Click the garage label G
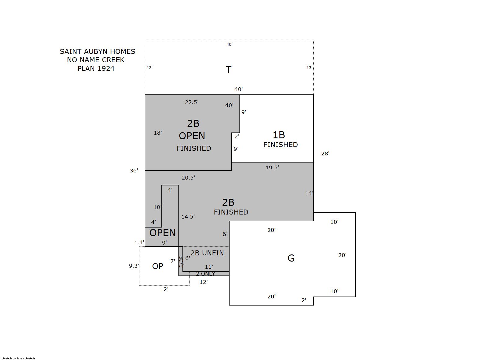click(291, 258)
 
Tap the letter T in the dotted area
click(228, 70)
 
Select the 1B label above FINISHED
click(278, 135)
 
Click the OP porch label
click(158, 266)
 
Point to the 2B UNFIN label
click(207, 253)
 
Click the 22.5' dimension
click(191, 102)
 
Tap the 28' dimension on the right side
click(325, 154)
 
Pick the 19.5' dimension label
click(272, 167)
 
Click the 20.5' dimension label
click(188, 178)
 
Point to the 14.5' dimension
click(188, 217)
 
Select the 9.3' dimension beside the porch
click(134, 266)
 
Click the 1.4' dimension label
click(139, 242)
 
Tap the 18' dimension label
click(158, 133)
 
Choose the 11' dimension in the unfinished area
click(209, 267)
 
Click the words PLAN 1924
click(96, 68)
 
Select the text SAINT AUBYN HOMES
click(98, 51)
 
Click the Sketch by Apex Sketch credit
click(18, 358)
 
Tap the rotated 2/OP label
click(181, 262)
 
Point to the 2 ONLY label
click(205, 274)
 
